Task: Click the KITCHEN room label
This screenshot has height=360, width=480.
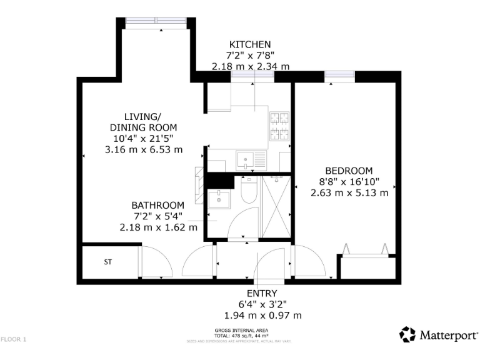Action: tap(250, 44)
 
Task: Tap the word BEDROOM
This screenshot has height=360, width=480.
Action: tap(349, 171)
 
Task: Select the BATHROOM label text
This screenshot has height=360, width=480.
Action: tap(157, 205)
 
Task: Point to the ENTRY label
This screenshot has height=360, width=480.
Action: tap(262, 293)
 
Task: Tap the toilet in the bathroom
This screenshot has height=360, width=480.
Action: tap(247, 192)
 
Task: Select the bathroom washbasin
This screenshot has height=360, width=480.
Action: tap(219, 199)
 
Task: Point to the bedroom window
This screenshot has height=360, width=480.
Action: tap(340, 76)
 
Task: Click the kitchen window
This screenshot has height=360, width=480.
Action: tap(252, 76)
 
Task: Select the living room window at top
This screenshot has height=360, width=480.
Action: tap(156, 22)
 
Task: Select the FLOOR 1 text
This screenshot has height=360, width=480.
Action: tap(14, 339)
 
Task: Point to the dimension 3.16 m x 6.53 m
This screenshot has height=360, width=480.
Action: tap(144, 149)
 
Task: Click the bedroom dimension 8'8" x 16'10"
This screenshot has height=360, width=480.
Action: tap(349, 182)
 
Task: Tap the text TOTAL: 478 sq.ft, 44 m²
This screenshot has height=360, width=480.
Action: tap(241, 334)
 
